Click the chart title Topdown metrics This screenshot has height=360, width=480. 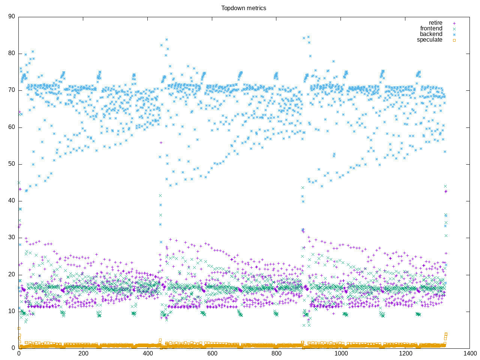(x=243, y=8)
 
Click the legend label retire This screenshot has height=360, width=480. (x=435, y=23)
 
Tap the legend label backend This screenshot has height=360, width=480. (x=431, y=34)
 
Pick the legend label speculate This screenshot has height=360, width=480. (x=429, y=40)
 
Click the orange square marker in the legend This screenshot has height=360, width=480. (x=454, y=40)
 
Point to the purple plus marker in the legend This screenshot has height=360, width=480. (x=454, y=23)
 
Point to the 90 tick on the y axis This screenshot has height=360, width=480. (x=11, y=16)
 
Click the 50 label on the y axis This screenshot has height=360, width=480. (x=11, y=164)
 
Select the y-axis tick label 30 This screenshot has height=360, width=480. (x=11, y=237)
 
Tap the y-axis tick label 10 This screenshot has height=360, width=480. (x=11, y=311)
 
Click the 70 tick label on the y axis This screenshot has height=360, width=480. (x=11, y=90)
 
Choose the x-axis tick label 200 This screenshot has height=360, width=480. (x=83, y=354)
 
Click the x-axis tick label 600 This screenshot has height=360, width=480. (x=212, y=354)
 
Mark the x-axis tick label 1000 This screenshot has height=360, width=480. (x=340, y=354)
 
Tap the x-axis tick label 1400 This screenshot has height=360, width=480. (x=469, y=354)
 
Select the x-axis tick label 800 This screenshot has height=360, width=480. (x=276, y=354)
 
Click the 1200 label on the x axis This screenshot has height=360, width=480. (x=405, y=354)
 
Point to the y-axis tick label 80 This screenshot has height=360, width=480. (x=11, y=53)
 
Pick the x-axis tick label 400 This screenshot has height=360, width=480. (x=147, y=354)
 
